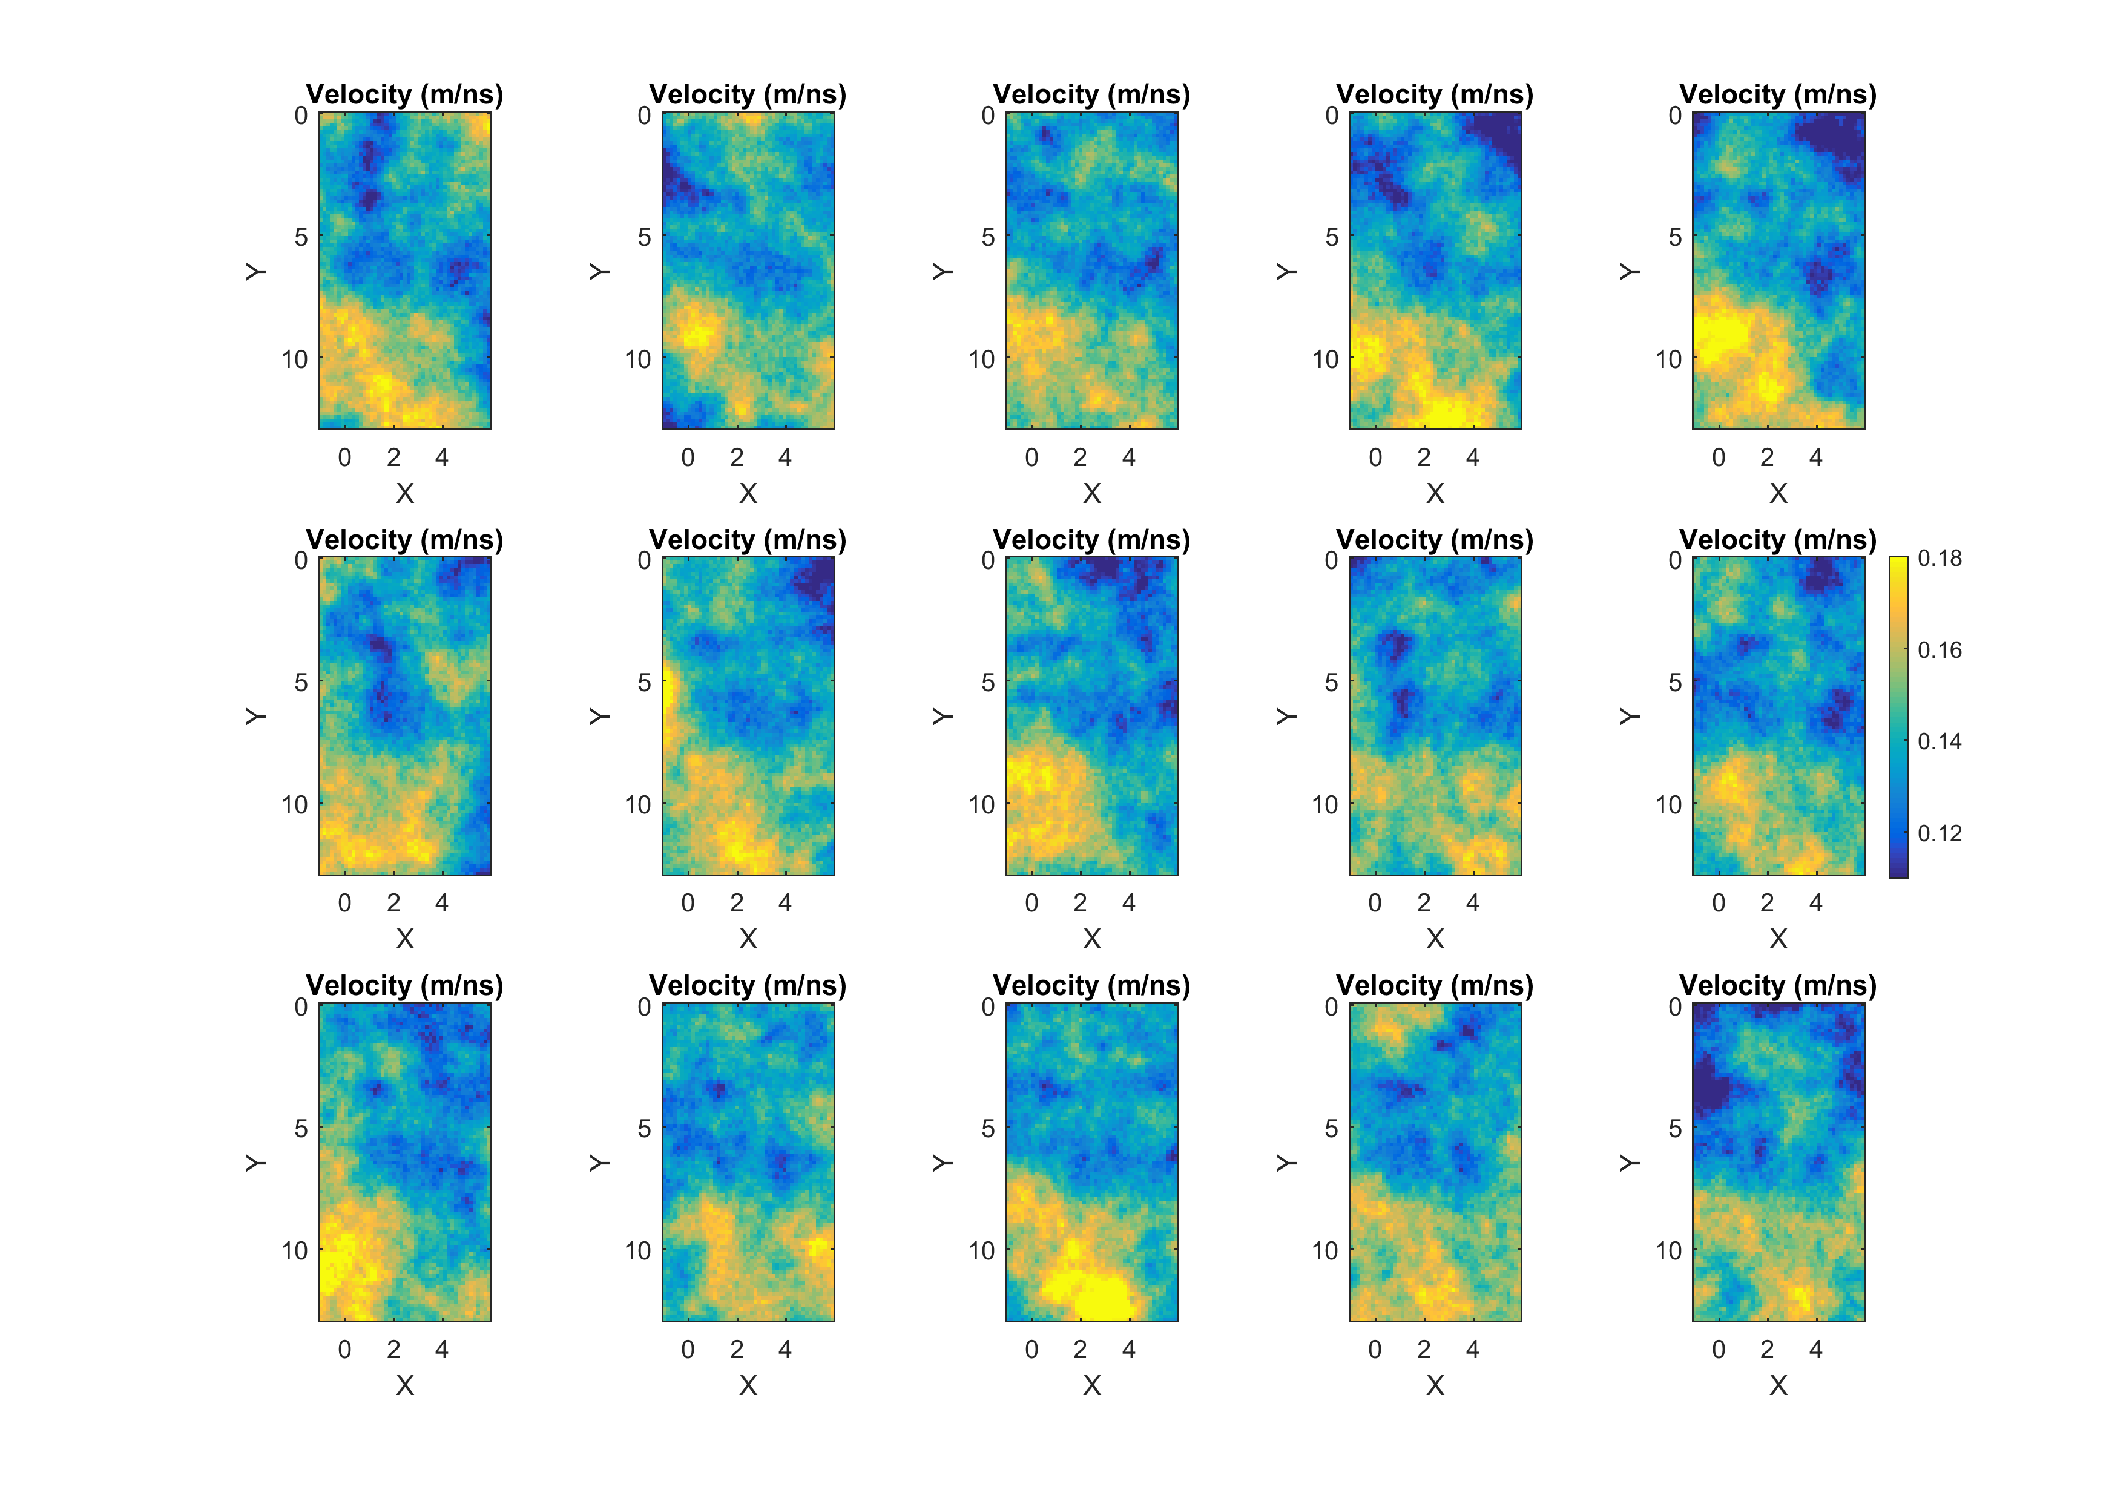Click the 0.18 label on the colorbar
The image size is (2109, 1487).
pos(1939,559)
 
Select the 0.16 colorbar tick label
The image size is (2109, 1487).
pos(1939,650)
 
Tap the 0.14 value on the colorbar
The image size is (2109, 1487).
pos(1939,741)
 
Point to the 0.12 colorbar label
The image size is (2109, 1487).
pos(1939,833)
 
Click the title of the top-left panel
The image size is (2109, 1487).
pos(404,94)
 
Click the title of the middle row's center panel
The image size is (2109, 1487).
pos(1091,540)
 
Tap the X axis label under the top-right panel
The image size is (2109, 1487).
pos(1778,493)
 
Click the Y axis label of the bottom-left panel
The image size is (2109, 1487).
pos(255,1163)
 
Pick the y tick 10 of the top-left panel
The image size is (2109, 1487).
pos(295,359)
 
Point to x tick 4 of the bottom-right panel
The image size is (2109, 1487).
pos(1815,1349)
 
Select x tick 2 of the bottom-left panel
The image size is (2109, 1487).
pos(393,1349)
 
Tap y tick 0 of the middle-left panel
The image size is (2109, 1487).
pos(300,560)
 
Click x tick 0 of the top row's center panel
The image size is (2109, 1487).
pos(1031,458)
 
